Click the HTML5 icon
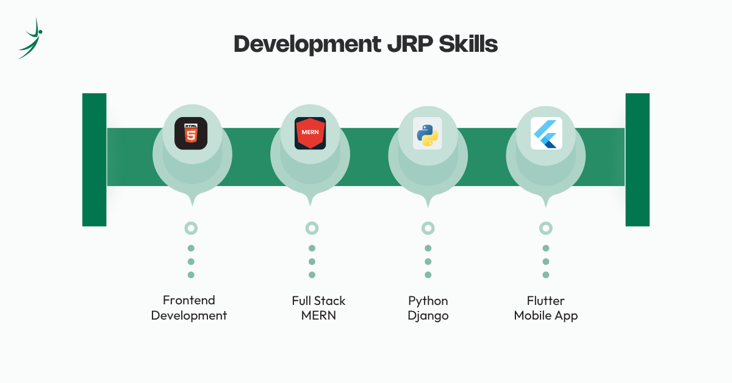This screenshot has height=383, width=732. [x=191, y=134]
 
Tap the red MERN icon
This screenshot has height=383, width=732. [x=310, y=134]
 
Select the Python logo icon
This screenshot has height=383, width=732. [x=428, y=134]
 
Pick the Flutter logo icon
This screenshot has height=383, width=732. [x=546, y=134]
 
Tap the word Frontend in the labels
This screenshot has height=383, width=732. [x=189, y=300]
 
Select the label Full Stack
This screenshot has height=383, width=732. [x=318, y=301]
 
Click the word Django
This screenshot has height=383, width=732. [x=428, y=316]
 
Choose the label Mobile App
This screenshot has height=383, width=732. [x=546, y=316]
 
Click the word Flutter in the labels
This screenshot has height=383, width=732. [x=546, y=301]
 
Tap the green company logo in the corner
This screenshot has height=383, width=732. [x=30, y=38]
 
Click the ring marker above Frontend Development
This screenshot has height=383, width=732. [x=191, y=228]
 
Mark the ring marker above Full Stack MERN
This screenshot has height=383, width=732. [x=312, y=228]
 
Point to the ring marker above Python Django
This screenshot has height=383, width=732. [x=428, y=228]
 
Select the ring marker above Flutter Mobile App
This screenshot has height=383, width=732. [x=546, y=228]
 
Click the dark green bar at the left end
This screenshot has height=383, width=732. [x=95, y=160]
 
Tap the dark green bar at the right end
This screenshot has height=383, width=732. [x=637, y=160]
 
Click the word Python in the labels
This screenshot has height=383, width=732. [x=428, y=301]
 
